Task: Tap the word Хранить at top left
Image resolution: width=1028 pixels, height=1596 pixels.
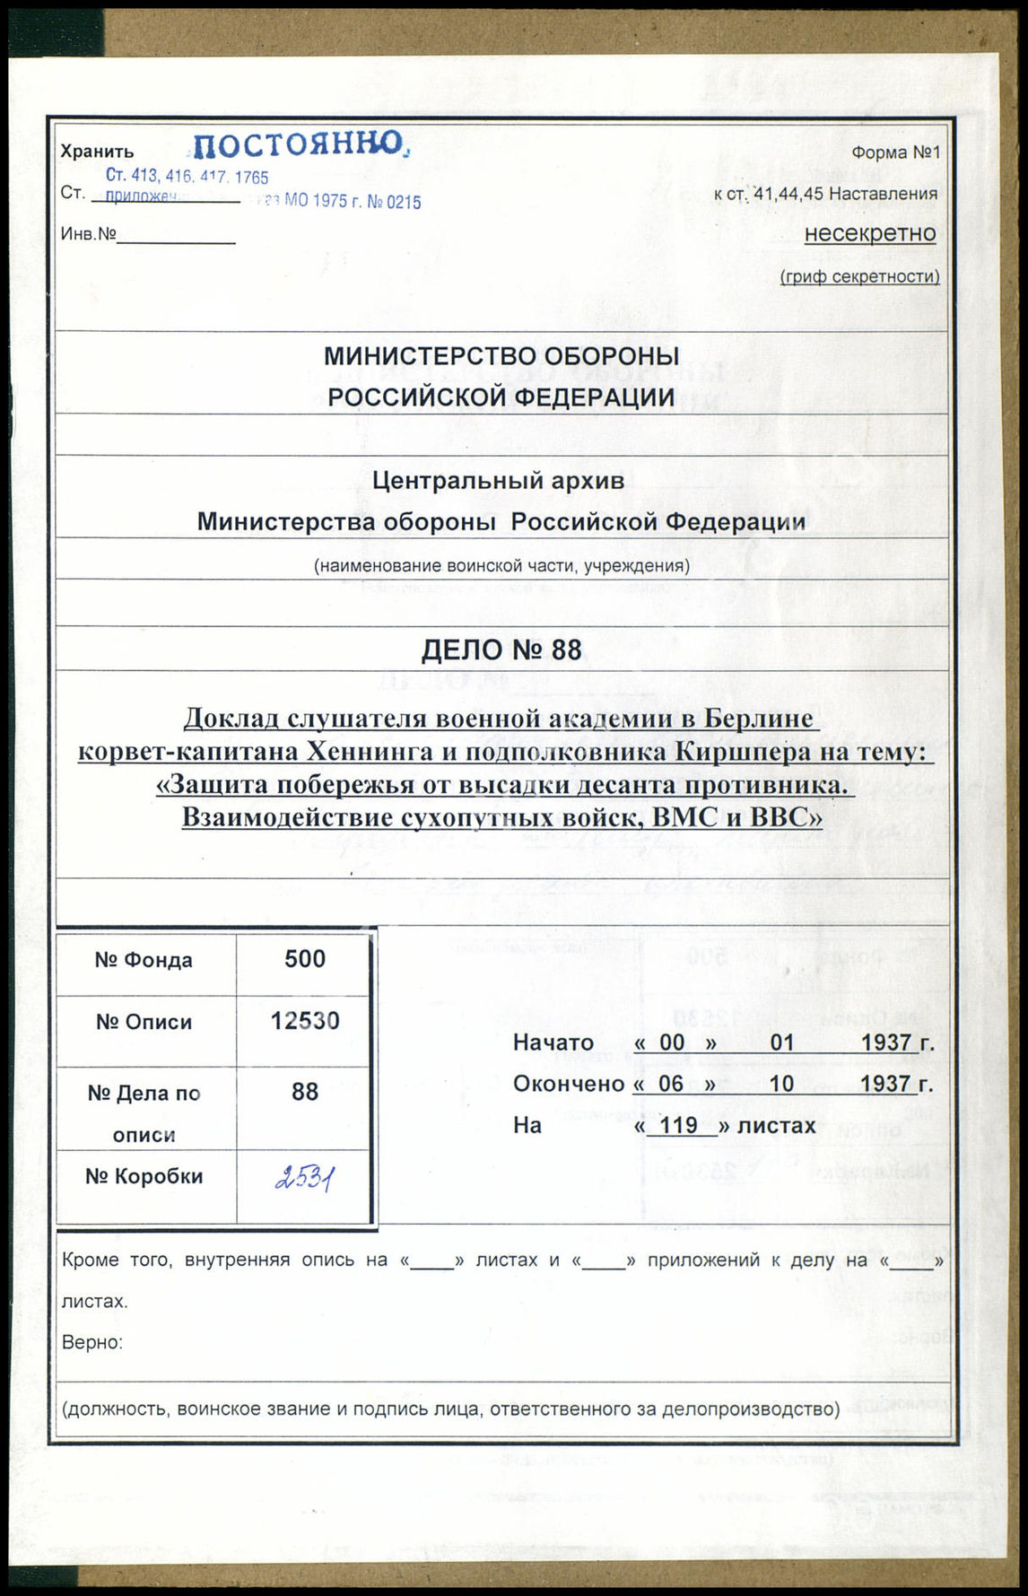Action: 97,152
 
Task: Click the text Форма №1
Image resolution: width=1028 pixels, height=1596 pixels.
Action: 894,153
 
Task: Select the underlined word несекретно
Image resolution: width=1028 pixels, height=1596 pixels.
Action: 869,233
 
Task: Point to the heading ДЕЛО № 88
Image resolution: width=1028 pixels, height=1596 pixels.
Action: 501,650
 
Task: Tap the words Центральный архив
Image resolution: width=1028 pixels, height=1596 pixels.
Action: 499,481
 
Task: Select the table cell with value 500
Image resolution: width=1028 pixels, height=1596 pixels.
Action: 304,959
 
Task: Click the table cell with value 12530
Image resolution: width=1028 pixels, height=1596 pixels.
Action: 305,1021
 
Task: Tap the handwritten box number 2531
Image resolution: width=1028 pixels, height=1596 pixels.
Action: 304,1178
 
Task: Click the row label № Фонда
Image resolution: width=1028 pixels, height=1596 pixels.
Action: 144,961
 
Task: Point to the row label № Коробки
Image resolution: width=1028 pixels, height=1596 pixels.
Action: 144,1176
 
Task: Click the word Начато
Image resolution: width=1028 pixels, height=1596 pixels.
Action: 553,1042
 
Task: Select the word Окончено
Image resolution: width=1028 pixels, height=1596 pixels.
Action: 568,1084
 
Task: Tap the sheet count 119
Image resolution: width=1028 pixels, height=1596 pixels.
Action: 678,1125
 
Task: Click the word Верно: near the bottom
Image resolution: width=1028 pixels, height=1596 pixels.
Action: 91,1343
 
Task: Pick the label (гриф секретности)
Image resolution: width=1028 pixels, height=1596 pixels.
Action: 859,277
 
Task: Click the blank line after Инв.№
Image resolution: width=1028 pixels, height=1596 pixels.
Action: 176,237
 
